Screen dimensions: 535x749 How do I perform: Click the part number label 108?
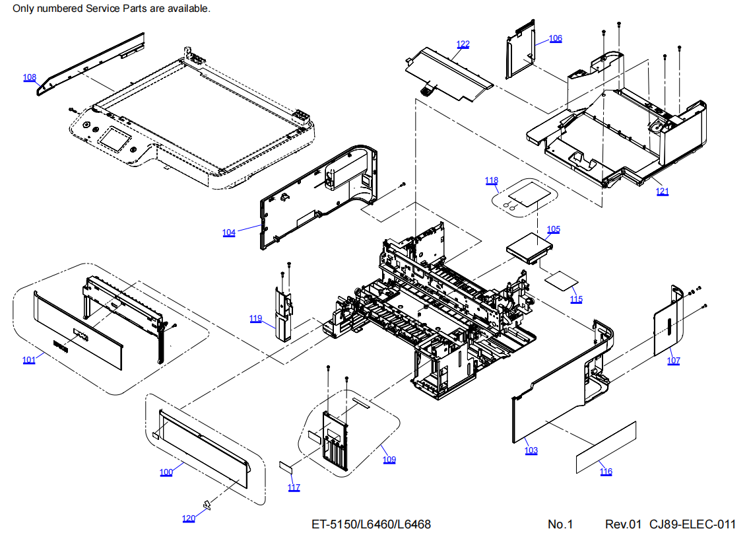coord(30,77)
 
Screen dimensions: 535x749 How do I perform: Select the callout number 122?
coord(463,44)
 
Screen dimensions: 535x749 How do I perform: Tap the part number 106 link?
coord(556,38)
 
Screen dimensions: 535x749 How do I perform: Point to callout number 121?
coord(662,192)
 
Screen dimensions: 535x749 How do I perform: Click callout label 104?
coord(229,232)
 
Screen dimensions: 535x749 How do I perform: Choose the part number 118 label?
coord(492,180)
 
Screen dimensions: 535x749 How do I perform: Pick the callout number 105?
coord(553,229)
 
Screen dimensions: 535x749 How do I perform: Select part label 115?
coord(577,299)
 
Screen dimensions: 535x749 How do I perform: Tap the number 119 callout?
coord(256,318)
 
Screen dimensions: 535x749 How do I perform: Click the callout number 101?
coord(29,360)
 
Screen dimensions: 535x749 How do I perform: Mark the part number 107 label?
coord(673,361)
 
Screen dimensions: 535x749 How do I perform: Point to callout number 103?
coord(531,450)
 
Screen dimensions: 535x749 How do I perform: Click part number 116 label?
coord(606,471)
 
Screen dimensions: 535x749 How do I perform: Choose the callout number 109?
coord(389,460)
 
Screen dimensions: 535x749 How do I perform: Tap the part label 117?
coord(294,487)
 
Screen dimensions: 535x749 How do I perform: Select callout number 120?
coord(189,518)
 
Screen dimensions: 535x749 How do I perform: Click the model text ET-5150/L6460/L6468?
coord(371,524)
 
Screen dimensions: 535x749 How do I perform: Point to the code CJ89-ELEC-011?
coord(692,524)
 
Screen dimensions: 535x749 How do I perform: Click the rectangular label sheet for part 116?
coord(606,447)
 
